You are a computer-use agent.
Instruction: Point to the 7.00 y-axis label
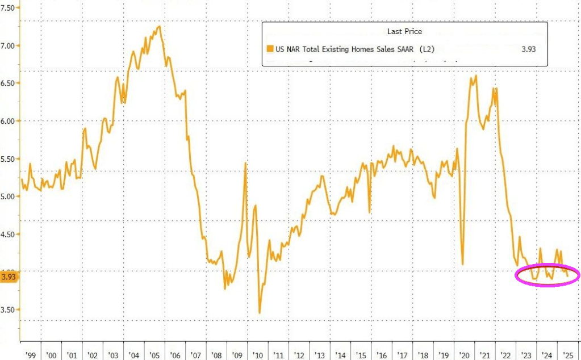[10, 45]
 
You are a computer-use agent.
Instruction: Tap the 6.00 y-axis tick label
[10, 121]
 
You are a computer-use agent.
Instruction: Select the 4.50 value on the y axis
[10, 234]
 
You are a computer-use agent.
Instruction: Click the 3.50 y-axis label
[10, 309]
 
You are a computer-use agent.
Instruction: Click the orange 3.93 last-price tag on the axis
[9, 277]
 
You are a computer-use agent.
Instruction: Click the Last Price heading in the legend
[404, 32]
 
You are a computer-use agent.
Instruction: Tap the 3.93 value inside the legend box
[529, 49]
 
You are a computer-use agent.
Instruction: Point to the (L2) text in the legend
[427, 49]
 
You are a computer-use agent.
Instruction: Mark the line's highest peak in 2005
[160, 26]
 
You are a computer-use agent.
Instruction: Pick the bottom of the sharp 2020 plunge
[463, 264]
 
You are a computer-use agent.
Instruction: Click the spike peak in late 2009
[245, 163]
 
